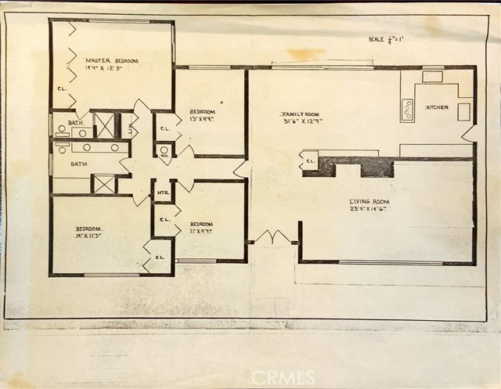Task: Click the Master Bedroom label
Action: [x=112, y=60]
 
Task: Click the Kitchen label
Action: [x=436, y=107]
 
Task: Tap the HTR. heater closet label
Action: [x=163, y=192]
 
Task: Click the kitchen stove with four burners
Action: [x=407, y=110]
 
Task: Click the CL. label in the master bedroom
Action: [x=61, y=88]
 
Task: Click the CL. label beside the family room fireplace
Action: [x=311, y=163]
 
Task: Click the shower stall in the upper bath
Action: [x=104, y=125]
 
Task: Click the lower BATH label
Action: [x=78, y=164]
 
